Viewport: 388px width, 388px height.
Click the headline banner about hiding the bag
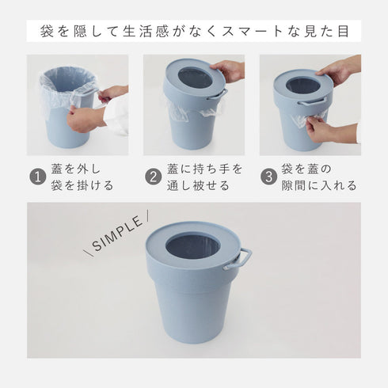point(194,32)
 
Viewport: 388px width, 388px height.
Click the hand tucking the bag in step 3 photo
point(321,128)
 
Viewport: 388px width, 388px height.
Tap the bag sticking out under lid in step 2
point(178,111)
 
